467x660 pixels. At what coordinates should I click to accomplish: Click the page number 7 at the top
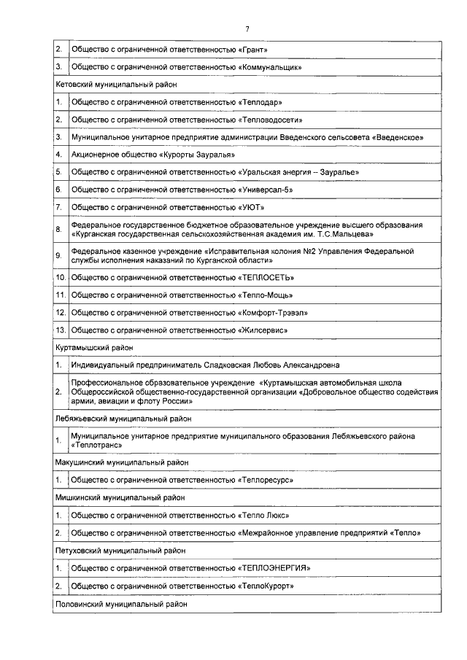247,28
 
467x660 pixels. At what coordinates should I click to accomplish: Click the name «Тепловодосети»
270,120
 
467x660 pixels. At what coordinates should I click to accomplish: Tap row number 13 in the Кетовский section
61,330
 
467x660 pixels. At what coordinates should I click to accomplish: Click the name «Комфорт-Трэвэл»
273,312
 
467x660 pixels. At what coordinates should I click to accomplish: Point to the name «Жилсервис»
263,330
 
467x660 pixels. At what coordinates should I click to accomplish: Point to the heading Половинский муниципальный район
121,604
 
